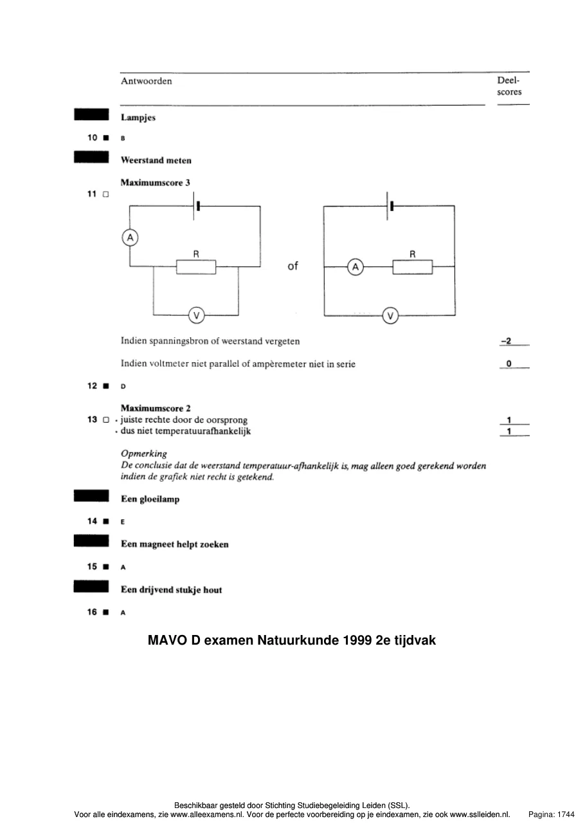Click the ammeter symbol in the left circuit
pyautogui.click(x=130, y=237)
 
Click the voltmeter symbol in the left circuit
pyautogui.click(x=197, y=315)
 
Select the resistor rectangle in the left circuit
pyautogui.click(x=196, y=267)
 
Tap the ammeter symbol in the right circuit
pyautogui.click(x=355, y=267)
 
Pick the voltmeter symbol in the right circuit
pyautogui.click(x=390, y=316)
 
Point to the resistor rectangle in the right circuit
pyautogui.click(x=413, y=267)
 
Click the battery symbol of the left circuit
pyautogui.click(x=196, y=206)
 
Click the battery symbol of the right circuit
pyautogui.click(x=390, y=206)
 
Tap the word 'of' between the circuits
pyautogui.click(x=293, y=266)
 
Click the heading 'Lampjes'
pyautogui.click(x=138, y=118)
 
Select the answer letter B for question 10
pyautogui.click(x=123, y=138)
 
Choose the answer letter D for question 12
pyautogui.click(x=123, y=386)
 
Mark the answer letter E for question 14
pyautogui.click(x=123, y=522)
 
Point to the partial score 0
pyautogui.click(x=509, y=363)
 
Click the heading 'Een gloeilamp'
pyautogui.click(x=150, y=499)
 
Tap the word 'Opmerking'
pyautogui.click(x=143, y=454)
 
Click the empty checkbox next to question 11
pyautogui.click(x=106, y=194)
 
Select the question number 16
pyautogui.click(x=92, y=612)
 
